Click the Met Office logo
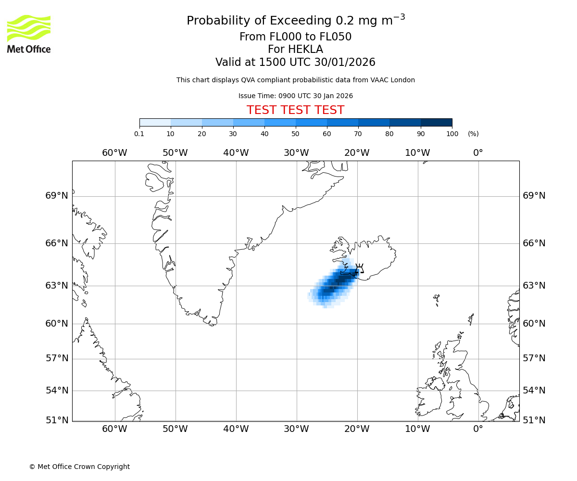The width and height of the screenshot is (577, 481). click(x=29, y=34)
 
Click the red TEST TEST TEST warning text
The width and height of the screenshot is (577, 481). click(x=295, y=110)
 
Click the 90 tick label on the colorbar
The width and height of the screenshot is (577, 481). click(x=421, y=134)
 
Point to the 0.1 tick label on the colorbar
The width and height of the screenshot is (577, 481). click(x=139, y=134)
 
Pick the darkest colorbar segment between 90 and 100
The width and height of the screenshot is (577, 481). click(x=436, y=122)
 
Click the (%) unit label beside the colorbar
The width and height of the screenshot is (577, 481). click(x=473, y=134)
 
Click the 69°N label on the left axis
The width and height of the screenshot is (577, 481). click(x=57, y=196)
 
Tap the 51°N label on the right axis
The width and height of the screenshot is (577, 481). click(x=534, y=420)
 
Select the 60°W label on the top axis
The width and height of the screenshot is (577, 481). click(x=114, y=153)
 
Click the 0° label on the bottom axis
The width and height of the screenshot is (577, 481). click(x=478, y=429)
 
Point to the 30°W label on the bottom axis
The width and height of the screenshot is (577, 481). click(x=296, y=429)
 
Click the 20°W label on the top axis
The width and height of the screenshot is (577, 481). click(x=357, y=153)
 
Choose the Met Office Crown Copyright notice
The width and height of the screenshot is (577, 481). click(x=79, y=467)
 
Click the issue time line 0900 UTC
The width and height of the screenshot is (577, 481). click(x=295, y=96)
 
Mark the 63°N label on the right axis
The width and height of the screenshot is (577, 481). click(x=534, y=286)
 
